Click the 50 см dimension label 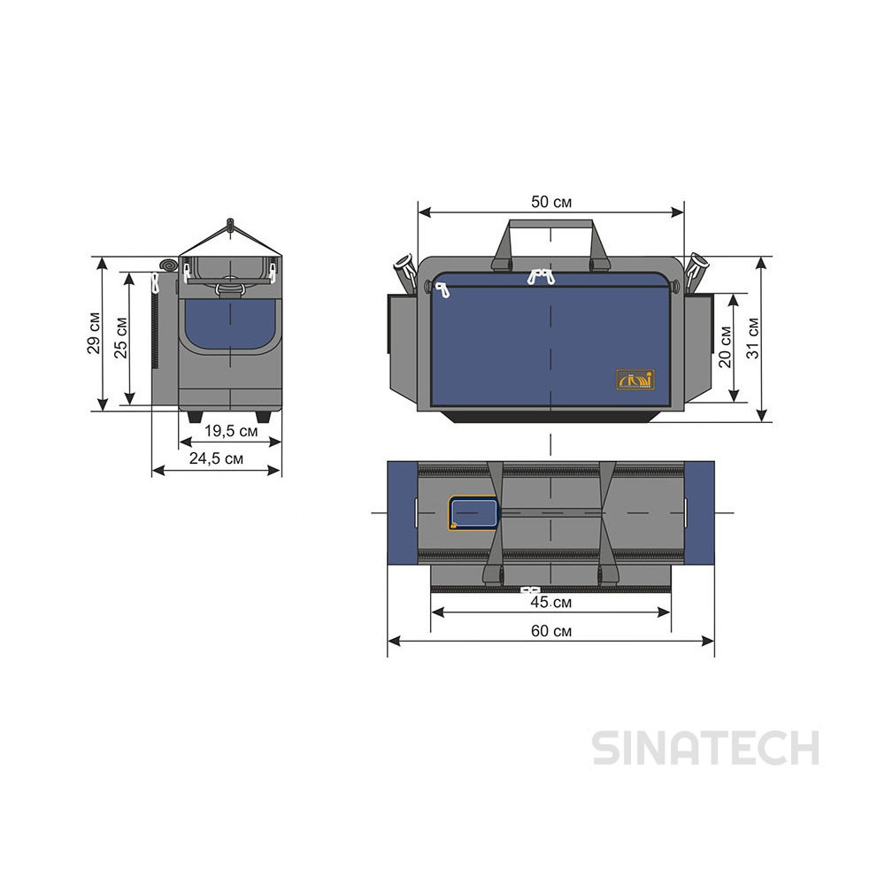pyautogui.click(x=550, y=202)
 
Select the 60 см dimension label pyautogui.click(x=550, y=631)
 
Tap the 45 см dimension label pyautogui.click(x=550, y=603)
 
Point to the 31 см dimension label pyautogui.click(x=753, y=338)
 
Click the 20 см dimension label pyautogui.click(x=725, y=347)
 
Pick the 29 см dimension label pyautogui.click(x=94, y=333)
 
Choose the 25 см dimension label pyautogui.click(x=121, y=338)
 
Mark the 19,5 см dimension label pyautogui.click(x=231, y=431)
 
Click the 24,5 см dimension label pyautogui.click(x=216, y=458)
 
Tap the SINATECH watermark pyautogui.click(x=706, y=749)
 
